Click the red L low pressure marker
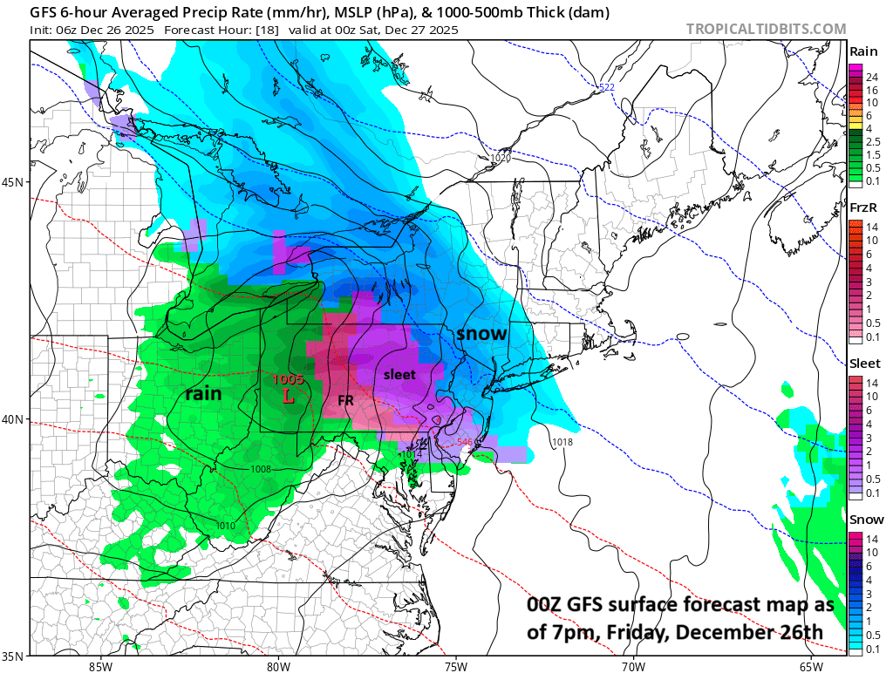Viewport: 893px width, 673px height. tap(289, 396)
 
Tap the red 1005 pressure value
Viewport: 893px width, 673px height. tap(288, 379)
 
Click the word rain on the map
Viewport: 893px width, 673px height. tap(202, 394)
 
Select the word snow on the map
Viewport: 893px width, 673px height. tap(481, 333)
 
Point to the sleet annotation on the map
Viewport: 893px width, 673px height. tap(400, 374)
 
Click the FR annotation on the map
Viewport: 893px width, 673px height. tap(345, 400)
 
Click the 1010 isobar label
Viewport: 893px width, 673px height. tap(225, 526)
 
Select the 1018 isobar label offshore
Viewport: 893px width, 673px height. tap(562, 443)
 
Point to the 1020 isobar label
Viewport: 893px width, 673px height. tap(500, 158)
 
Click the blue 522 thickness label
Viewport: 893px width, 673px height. tap(607, 86)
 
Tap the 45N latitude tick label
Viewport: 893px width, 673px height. tap(15, 182)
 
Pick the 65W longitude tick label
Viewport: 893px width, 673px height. tap(810, 667)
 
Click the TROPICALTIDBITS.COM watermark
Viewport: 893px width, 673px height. tap(766, 30)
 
